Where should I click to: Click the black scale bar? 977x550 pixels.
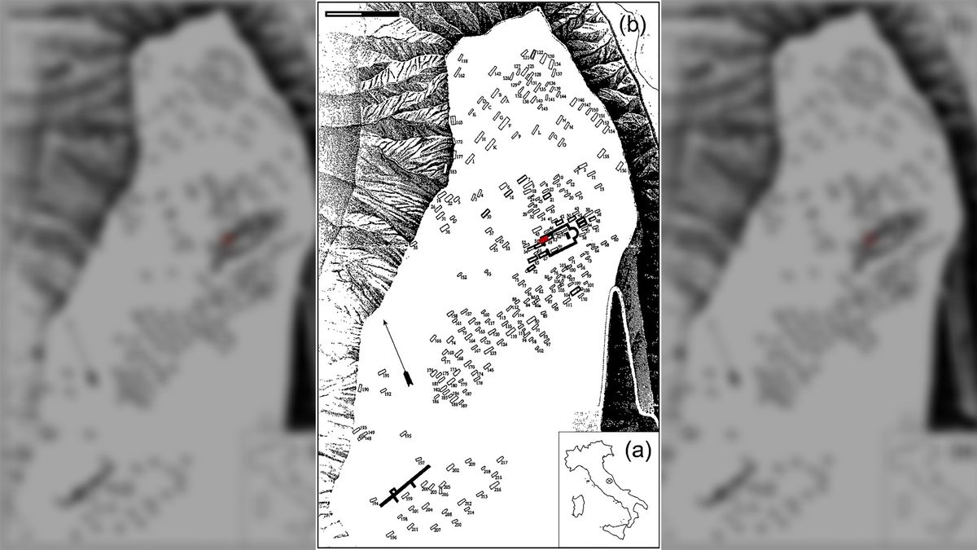coord(361,13)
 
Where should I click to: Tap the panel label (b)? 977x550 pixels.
coord(632,24)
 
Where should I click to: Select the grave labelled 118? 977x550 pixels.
coord(460,58)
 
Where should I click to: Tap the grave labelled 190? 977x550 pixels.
coord(360,389)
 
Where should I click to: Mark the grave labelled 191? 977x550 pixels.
coord(381,372)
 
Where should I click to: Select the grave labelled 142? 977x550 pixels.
coord(492,74)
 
